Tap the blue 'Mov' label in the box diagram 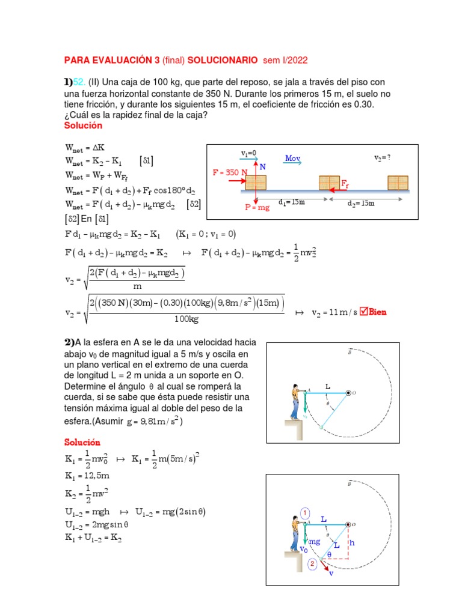[292, 159]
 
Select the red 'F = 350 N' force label [229, 172]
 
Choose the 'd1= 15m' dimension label [292, 202]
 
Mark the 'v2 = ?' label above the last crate [382, 158]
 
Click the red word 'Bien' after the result [378, 312]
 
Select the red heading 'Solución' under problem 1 [83, 126]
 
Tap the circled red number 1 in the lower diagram [305, 512]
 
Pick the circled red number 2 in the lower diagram [312, 563]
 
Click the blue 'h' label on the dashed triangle [353, 544]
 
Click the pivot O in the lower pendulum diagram [348, 525]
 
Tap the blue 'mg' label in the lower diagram [313, 541]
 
